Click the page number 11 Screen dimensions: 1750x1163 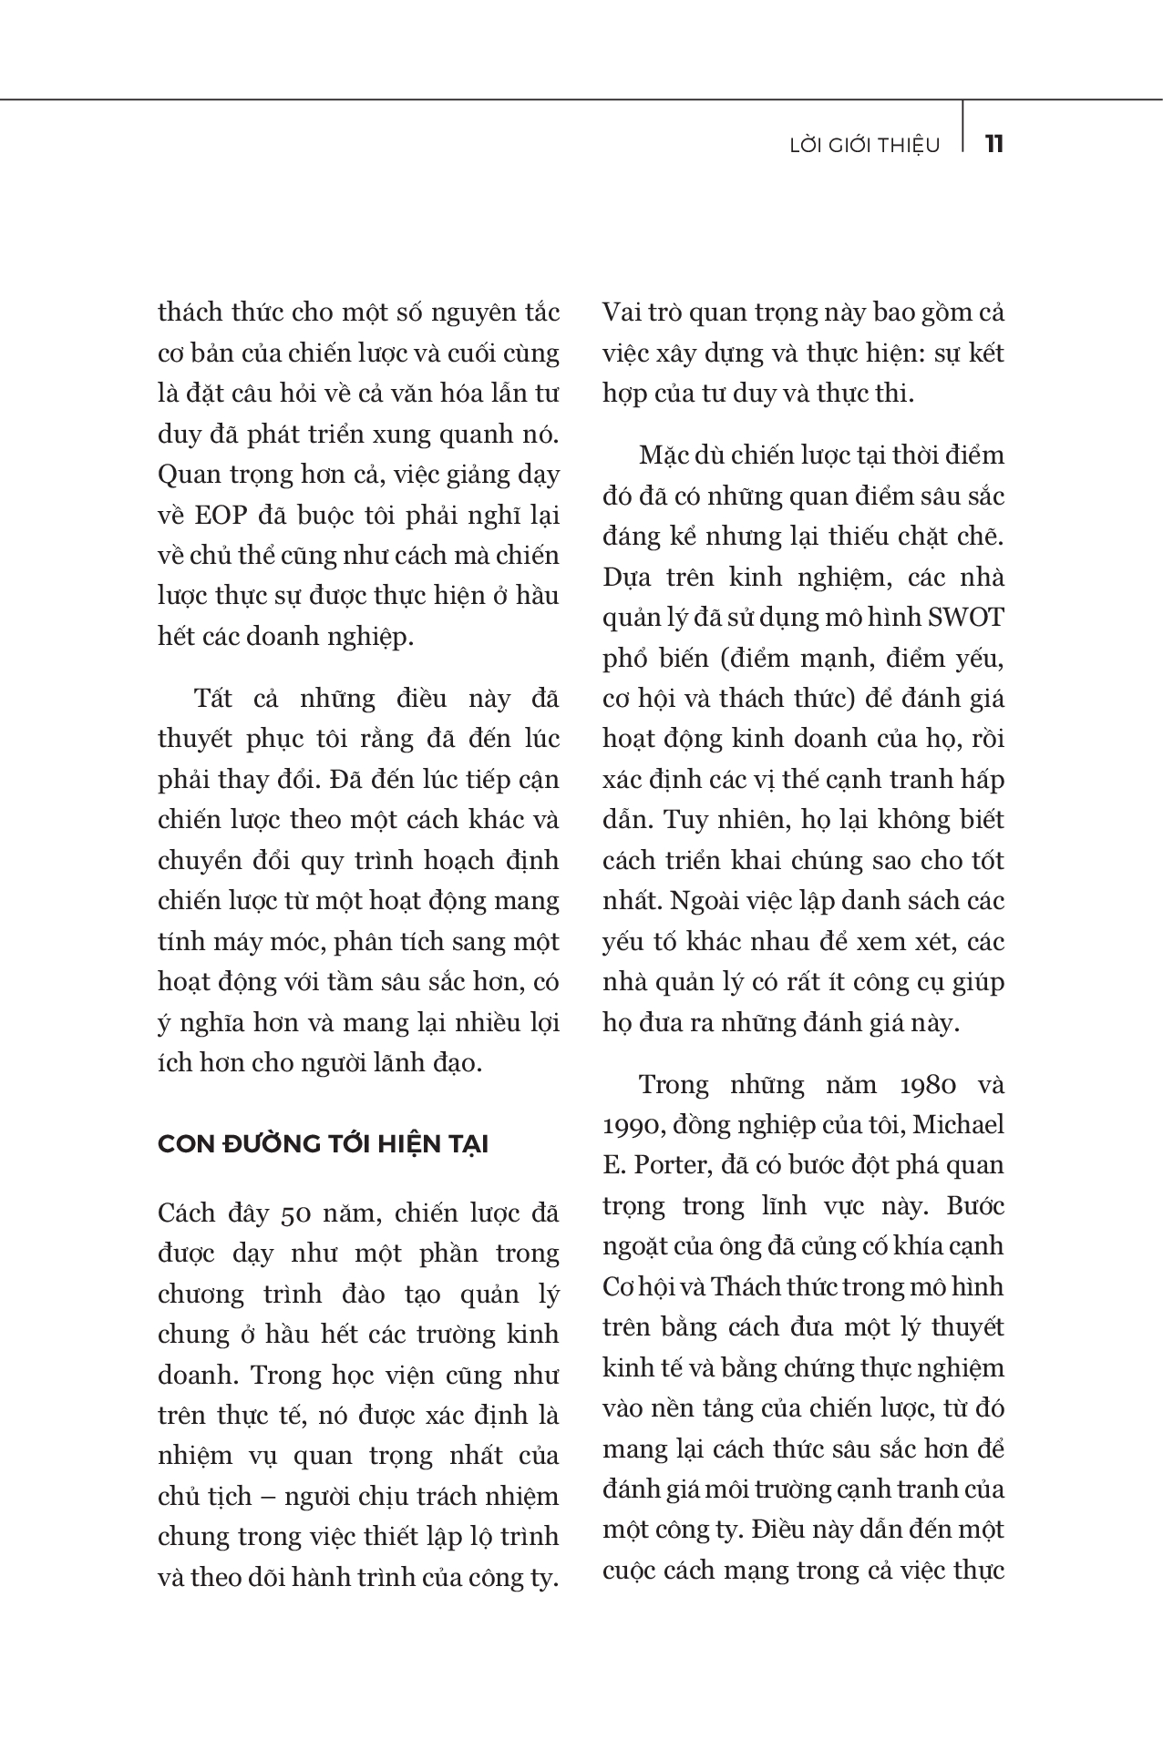(x=994, y=144)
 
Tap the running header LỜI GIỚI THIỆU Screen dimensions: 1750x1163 (x=864, y=145)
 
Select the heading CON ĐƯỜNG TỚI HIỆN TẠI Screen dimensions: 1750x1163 (x=323, y=1144)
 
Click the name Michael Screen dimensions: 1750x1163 (x=958, y=1125)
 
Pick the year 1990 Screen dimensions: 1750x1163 (x=633, y=1125)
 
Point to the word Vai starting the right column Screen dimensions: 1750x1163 (x=623, y=312)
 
